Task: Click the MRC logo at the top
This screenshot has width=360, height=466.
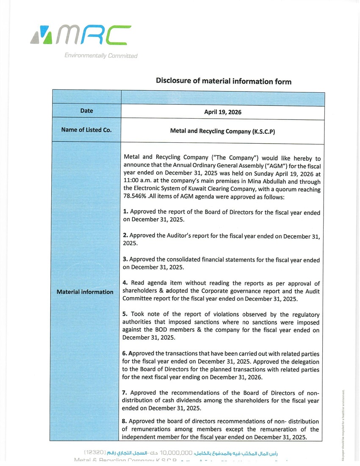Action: [79, 36]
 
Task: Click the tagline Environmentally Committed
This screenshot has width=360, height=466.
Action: [101, 55]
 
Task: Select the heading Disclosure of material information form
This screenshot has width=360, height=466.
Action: [224, 81]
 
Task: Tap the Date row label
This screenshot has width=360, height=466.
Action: [86, 111]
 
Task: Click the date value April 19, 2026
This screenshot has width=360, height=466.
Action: [223, 112]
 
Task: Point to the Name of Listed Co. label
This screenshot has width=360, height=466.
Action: [86, 130]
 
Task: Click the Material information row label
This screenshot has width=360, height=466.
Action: [85, 292]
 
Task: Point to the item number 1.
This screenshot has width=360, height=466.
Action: [125, 212]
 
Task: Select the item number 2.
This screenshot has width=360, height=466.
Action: [125, 236]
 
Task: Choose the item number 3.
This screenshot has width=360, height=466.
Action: [125, 259]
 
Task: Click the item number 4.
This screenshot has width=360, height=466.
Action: [125, 283]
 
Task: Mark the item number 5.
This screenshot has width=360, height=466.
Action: [125, 314]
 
